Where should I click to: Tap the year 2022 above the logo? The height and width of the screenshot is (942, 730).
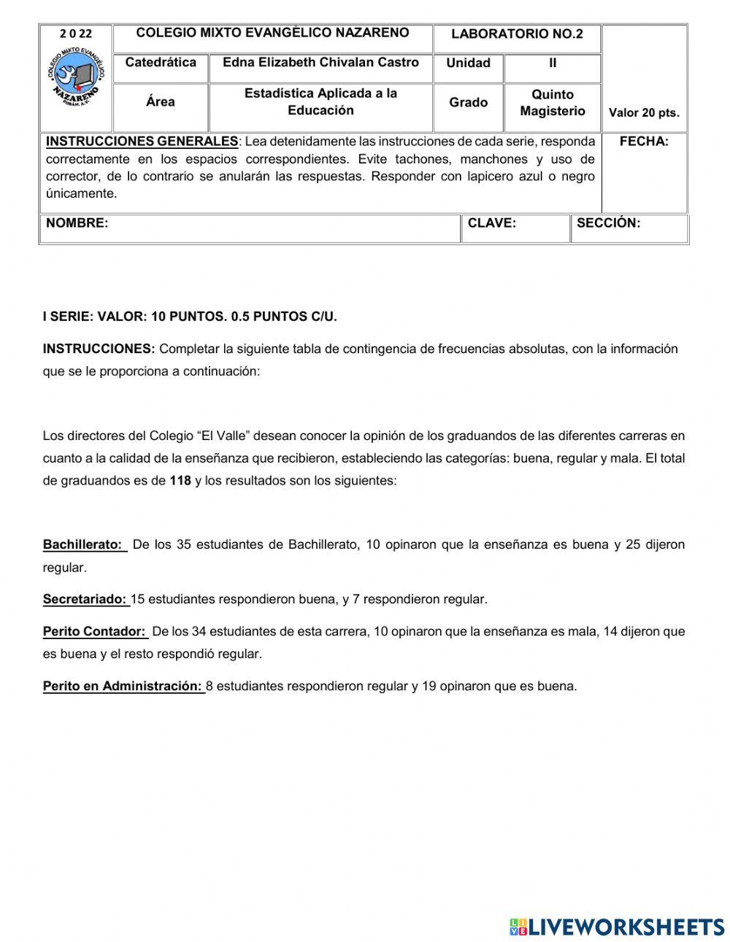(76, 34)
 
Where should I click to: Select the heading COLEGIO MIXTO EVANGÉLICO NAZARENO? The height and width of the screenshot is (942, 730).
(272, 33)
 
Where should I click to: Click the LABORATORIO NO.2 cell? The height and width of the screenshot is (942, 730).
(517, 34)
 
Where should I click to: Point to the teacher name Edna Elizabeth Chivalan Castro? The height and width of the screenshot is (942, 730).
(320, 63)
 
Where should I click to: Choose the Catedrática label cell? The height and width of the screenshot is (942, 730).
(161, 63)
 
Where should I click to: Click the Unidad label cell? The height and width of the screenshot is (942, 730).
(468, 63)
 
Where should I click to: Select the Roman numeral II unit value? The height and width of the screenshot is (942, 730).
(553, 63)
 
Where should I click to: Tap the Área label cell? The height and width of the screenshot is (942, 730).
(161, 102)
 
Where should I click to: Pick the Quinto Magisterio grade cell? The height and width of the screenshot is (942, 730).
(553, 103)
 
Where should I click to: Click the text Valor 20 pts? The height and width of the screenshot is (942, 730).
(644, 113)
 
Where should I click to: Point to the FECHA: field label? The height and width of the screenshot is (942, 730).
(644, 142)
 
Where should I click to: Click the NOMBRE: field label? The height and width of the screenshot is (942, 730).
(77, 223)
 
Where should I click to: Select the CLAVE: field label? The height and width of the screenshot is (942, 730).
(491, 223)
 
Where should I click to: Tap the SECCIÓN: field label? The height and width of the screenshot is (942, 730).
(608, 223)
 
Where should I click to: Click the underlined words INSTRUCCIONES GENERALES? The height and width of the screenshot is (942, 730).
(142, 142)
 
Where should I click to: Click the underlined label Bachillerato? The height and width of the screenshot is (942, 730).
(83, 545)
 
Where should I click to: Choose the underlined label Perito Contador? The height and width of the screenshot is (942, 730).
(94, 632)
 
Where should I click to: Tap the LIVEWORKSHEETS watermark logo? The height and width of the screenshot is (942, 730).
(617, 927)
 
